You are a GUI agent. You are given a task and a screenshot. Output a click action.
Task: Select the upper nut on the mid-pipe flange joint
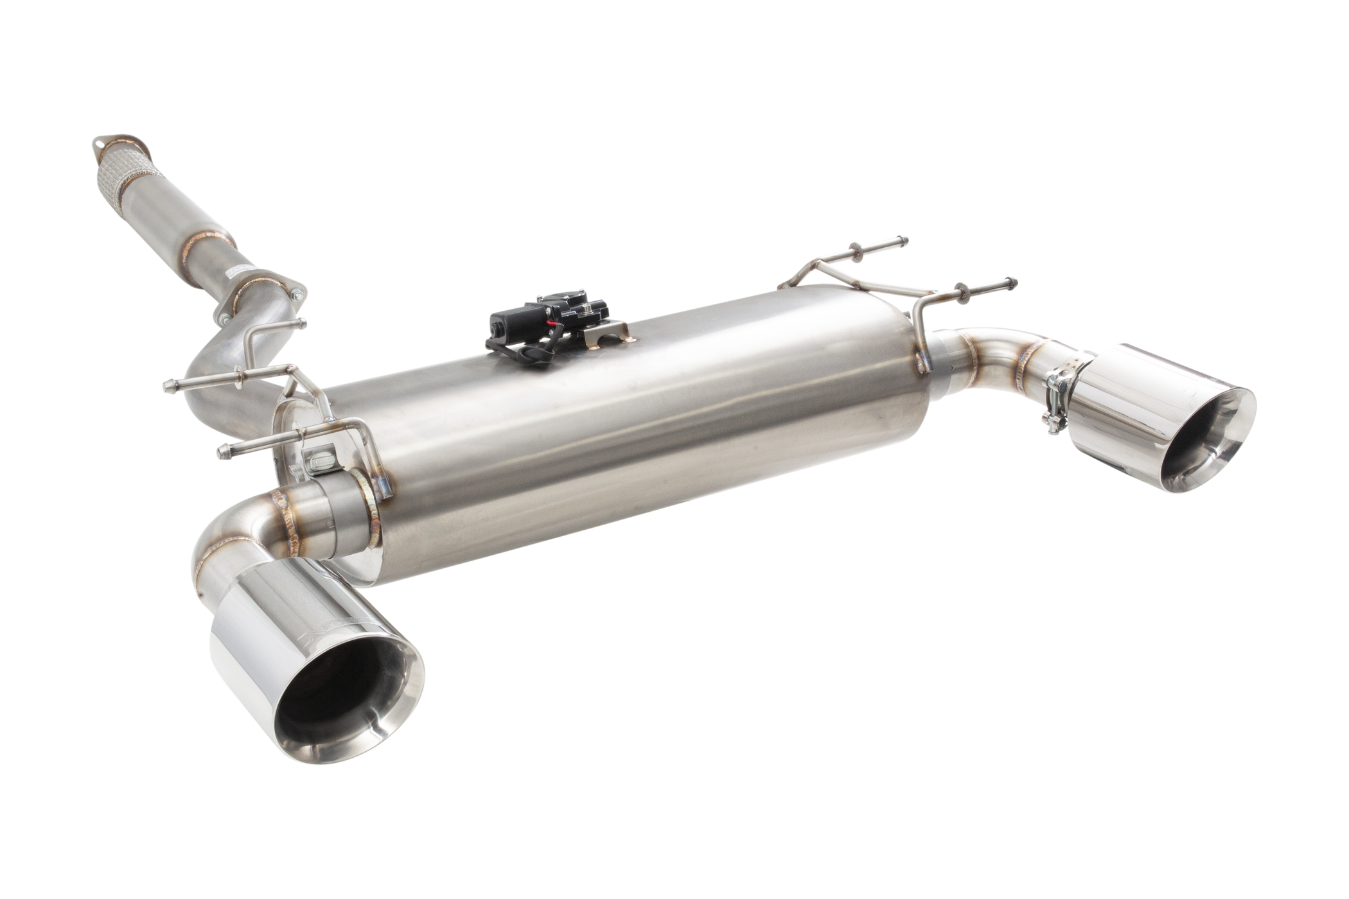point(294,293)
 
